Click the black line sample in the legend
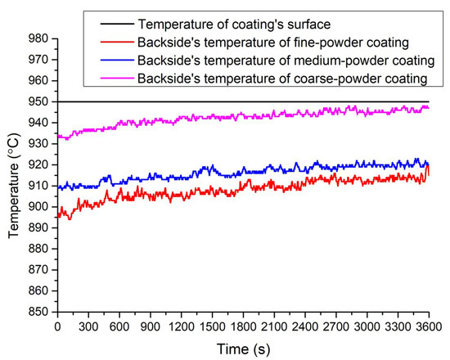(x=112, y=24)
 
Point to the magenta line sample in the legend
(x=112, y=78)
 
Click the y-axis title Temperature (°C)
(x=13, y=175)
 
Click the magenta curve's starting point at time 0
(x=58, y=137)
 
